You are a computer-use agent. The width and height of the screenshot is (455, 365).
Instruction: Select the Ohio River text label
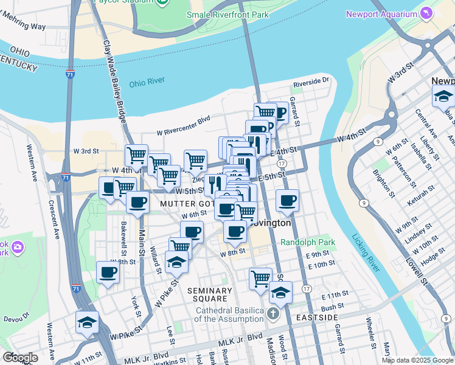(x=147, y=84)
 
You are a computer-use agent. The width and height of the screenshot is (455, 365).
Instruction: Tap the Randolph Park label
(x=308, y=242)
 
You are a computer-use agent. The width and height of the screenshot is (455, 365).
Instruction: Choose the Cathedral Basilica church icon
(x=273, y=315)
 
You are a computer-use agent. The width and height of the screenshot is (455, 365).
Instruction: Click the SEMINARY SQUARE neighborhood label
(x=210, y=294)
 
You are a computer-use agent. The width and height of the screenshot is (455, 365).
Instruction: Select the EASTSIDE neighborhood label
(x=313, y=318)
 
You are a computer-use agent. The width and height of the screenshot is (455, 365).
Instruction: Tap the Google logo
(x=19, y=358)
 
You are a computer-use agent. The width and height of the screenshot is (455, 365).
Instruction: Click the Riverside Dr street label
(x=311, y=80)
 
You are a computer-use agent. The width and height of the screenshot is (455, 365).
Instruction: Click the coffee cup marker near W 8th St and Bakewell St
(x=108, y=273)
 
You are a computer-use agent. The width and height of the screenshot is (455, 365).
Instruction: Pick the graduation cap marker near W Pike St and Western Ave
(x=87, y=322)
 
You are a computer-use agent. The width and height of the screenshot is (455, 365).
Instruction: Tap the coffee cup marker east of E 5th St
(x=287, y=200)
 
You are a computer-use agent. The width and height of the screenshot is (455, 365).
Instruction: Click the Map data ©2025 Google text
(x=417, y=360)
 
